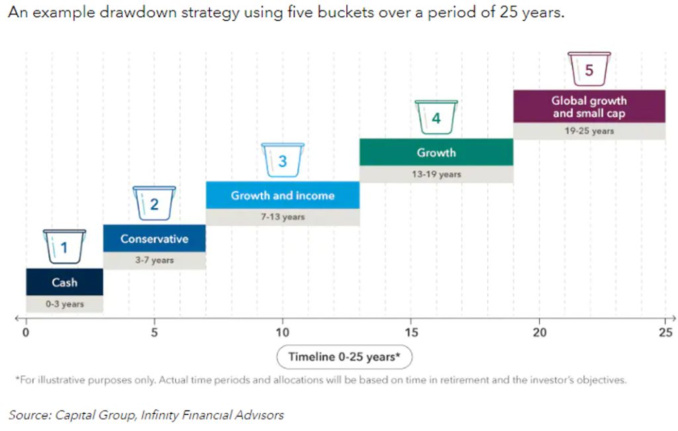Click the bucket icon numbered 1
64,247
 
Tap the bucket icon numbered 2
154,203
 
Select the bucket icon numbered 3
282,160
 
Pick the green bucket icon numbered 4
436,117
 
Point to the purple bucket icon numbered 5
589,70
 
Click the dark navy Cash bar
64,282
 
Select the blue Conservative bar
154,238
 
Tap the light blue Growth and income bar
282,195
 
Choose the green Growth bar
436,152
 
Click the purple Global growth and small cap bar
589,107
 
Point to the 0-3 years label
64,304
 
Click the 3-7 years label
154,260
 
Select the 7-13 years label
282,217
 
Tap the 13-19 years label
436,174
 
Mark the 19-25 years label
589,131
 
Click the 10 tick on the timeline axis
282,332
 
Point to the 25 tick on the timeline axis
665,332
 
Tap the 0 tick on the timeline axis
26,332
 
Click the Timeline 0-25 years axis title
344,357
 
